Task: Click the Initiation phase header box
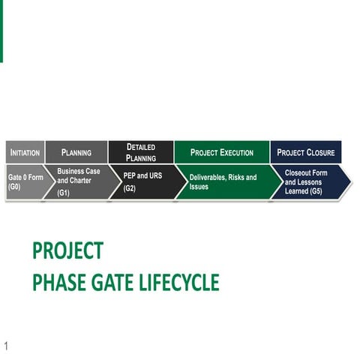click(x=25, y=152)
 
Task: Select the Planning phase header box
click(x=76, y=152)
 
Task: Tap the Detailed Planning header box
click(x=140, y=152)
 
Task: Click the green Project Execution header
click(x=221, y=152)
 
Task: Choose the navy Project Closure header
click(x=305, y=152)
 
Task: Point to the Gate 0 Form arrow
click(x=25, y=182)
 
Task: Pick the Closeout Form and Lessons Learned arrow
click(x=311, y=182)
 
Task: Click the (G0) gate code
click(x=15, y=187)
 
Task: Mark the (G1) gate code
click(x=64, y=193)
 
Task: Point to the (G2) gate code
click(x=130, y=188)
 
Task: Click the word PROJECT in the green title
click(x=67, y=250)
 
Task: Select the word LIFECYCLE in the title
click(x=179, y=282)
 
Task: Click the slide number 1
click(x=6, y=346)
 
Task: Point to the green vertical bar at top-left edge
click(x=1, y=30)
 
